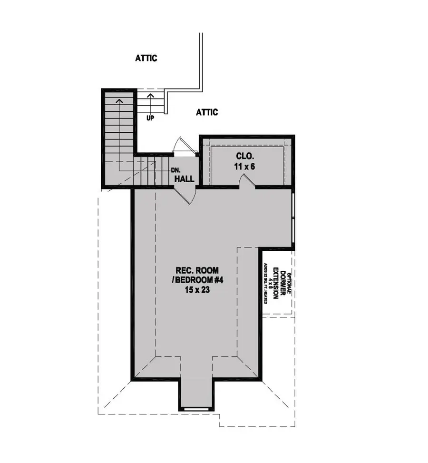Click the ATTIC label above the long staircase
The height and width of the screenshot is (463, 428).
point(146,59)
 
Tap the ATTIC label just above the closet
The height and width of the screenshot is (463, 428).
point(207,112)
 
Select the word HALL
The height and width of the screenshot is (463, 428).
point(184,179)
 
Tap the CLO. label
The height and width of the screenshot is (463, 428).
point(247,156)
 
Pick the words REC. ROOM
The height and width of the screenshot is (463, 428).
point(196,269)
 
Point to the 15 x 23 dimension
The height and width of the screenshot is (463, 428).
point(196,290)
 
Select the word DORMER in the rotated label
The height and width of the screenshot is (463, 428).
point(282,285)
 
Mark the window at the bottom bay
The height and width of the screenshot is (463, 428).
point(196,408)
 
